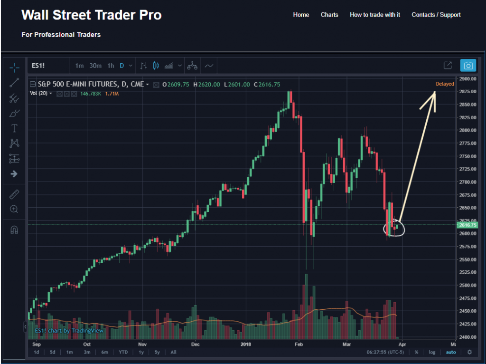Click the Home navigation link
click(301, 15)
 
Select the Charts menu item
click(329, 15)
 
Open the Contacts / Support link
click(436, 15)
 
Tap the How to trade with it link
click(374, 15)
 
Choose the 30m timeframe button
click(95, 66)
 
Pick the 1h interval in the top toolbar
click(111, 66)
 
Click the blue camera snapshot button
click(468, 66)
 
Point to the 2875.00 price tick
click(467, 91)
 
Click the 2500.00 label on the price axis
click(467, 285)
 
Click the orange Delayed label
click(445, 84)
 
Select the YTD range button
click(123, 352)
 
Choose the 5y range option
click(157, 352)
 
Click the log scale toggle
click(432, 352)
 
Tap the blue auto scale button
click(450, 352)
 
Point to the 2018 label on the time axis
click(246, 344)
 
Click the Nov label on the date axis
click(142, 344)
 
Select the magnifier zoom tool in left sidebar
click(14, 209)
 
